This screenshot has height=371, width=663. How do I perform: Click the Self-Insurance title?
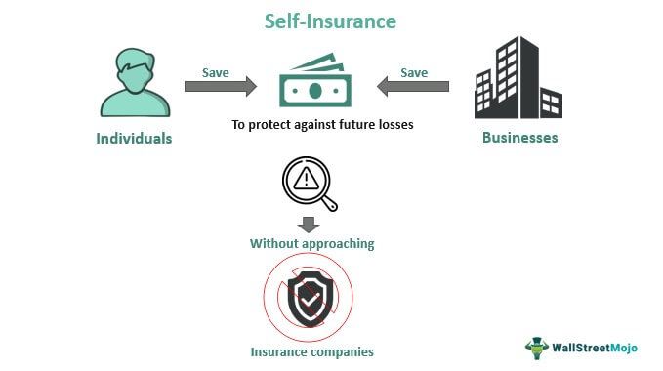[332, 20]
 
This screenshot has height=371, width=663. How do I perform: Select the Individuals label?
[134, 139]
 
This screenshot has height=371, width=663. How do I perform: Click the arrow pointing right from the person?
[220, 87]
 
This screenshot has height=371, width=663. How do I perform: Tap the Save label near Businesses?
[414, 72]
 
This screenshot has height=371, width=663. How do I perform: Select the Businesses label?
[520, 138]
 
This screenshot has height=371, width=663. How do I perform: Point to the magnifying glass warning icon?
[309, 184]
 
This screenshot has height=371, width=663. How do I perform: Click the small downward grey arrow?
[310, 224]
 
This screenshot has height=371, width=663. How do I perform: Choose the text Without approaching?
[311, 244]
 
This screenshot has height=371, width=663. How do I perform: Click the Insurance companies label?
[311, 351]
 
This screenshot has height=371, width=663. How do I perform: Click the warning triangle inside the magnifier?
[305, 179]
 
